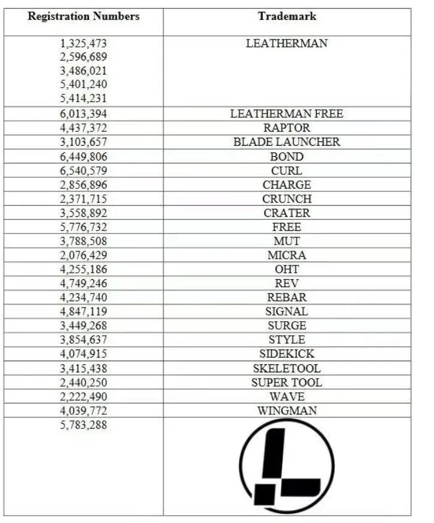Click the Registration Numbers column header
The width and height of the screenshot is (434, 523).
tap(83, 16)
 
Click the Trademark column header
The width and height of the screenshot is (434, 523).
tap(286, 16)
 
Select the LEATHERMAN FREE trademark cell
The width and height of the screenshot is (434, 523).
tap(286, 114)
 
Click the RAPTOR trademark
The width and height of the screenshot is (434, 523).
tap(286, 128)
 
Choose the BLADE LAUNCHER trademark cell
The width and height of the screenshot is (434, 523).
tap(286, 142)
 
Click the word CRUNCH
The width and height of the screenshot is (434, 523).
tap(286, 199)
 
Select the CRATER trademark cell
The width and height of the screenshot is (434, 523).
tap(286, 213)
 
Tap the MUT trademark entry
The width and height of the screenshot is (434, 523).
tap(286, 241)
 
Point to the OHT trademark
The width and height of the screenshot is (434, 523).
tap(286, 269)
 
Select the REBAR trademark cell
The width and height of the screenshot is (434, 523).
tap(286, 298)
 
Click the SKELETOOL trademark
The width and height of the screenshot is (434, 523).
tap(286, 369)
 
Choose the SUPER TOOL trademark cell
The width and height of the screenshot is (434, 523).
tap(286, 383)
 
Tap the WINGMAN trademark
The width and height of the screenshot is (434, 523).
tap(286, 411)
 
